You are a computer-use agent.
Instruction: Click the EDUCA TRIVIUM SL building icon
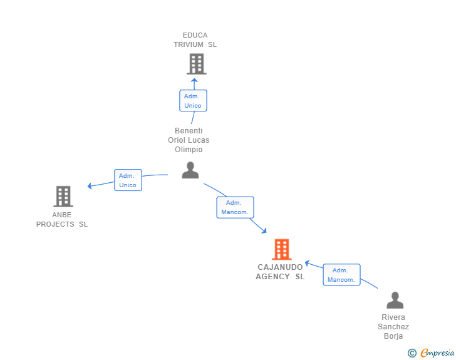(196, 64)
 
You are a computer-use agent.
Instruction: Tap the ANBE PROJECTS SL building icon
(63, 196)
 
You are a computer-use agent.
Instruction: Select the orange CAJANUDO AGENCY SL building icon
(281, 249)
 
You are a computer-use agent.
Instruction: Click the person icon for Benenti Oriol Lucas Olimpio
(190, 170)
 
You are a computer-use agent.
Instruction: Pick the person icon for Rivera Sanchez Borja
(395, 301)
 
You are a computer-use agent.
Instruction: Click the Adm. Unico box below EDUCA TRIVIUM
(193, 101)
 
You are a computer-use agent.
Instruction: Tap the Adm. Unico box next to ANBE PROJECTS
(128, 180)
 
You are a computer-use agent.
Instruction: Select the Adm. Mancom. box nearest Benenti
(235, 207)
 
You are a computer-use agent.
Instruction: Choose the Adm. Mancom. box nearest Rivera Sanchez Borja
(341, 275)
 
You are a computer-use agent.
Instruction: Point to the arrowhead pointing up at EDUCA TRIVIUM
(194, 80)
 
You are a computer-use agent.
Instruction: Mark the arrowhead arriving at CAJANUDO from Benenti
(263, 231)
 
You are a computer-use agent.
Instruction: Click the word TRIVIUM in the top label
(189, 44)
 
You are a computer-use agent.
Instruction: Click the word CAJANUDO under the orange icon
(280, 267)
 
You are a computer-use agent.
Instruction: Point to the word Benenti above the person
(189, 131)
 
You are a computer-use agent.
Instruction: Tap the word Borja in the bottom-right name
(393, 336)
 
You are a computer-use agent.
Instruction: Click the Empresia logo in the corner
(437, 353)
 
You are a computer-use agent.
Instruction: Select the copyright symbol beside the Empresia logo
(412, 353)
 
